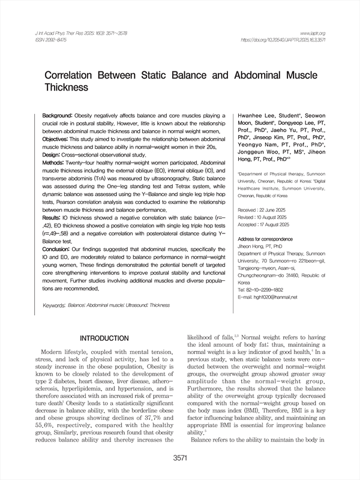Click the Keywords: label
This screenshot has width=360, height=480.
tap(54, 305)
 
